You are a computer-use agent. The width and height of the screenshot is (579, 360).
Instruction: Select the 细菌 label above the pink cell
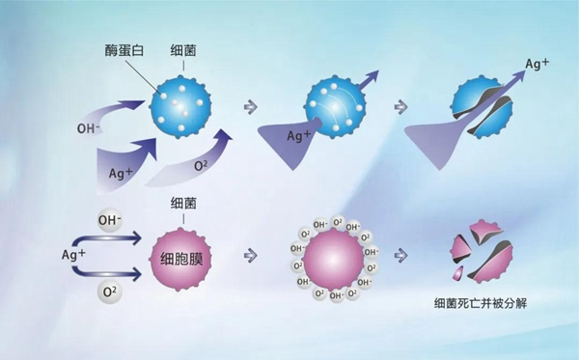click(x=183, y=204)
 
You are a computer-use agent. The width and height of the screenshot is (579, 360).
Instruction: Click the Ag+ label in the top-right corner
click(x=538, y=66)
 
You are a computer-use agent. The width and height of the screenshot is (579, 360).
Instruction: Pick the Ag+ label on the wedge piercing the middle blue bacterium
click(x=297, y=137)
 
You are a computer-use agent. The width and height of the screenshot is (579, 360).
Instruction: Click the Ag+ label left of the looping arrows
click(x=72, y=255)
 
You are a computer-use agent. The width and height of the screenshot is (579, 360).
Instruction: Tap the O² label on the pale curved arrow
click(x=201, y=167)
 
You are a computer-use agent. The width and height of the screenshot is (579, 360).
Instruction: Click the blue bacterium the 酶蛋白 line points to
click(x=183, y=103)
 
